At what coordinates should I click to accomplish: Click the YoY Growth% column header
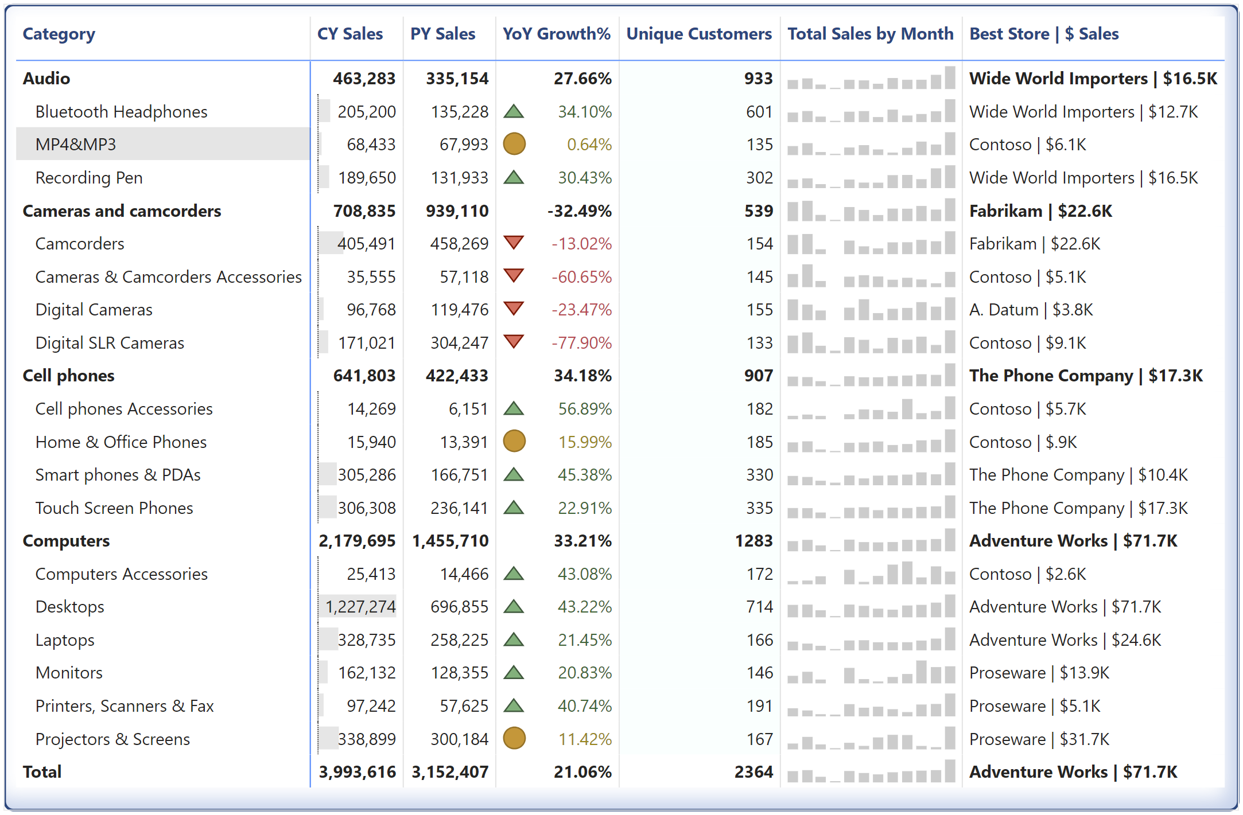click(x=556, y=34)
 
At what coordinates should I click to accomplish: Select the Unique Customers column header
click(x=698, y=34)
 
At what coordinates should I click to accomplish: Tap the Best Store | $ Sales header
click(x=1043, y=34)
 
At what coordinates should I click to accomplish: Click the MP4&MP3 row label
click(x=76, y=144)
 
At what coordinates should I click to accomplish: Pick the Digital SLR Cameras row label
click(x=110, y=343)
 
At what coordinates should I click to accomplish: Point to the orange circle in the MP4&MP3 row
click(x=514, y=144)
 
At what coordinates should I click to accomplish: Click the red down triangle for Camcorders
click(x=514, y=242)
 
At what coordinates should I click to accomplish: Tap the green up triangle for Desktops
click(x=514, y=606)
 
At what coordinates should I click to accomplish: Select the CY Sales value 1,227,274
click(x=360, y=607)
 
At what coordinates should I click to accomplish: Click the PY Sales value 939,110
click(x=457, y=211)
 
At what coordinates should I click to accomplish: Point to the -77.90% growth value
click(x=581, y=343)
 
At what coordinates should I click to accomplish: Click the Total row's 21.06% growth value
click(x=582, y=772)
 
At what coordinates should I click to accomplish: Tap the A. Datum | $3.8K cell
click(x=1031, y=310)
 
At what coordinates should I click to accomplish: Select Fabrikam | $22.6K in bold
click(x=1040, y=211)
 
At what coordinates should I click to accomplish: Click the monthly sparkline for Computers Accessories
click(x=871, y=574)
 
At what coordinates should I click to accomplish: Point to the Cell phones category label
click(x=68, y=376)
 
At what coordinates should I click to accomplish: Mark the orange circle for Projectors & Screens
click(x=514, y=738)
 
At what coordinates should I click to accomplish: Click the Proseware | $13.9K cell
click(x=1039, y=673)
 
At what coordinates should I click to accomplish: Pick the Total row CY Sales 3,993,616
click(x=357, y=772)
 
